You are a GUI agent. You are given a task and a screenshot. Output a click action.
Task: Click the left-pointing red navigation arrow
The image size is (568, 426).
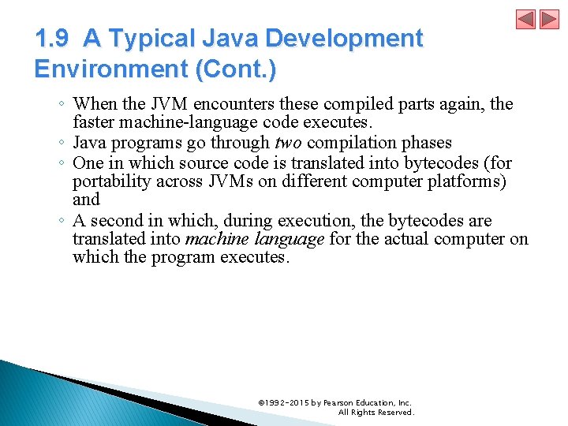click(526, 20)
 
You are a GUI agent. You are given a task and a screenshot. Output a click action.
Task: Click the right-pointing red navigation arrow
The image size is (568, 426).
click(549, 20)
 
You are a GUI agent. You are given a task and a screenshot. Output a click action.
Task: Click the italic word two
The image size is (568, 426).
click(287, 143)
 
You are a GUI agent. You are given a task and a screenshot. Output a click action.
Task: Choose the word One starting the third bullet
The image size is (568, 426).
click(86, 163)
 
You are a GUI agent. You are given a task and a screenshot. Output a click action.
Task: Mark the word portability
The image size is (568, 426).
click(106, 182)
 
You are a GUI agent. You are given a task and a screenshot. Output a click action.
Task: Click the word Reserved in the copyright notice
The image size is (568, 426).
click(394, 413)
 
